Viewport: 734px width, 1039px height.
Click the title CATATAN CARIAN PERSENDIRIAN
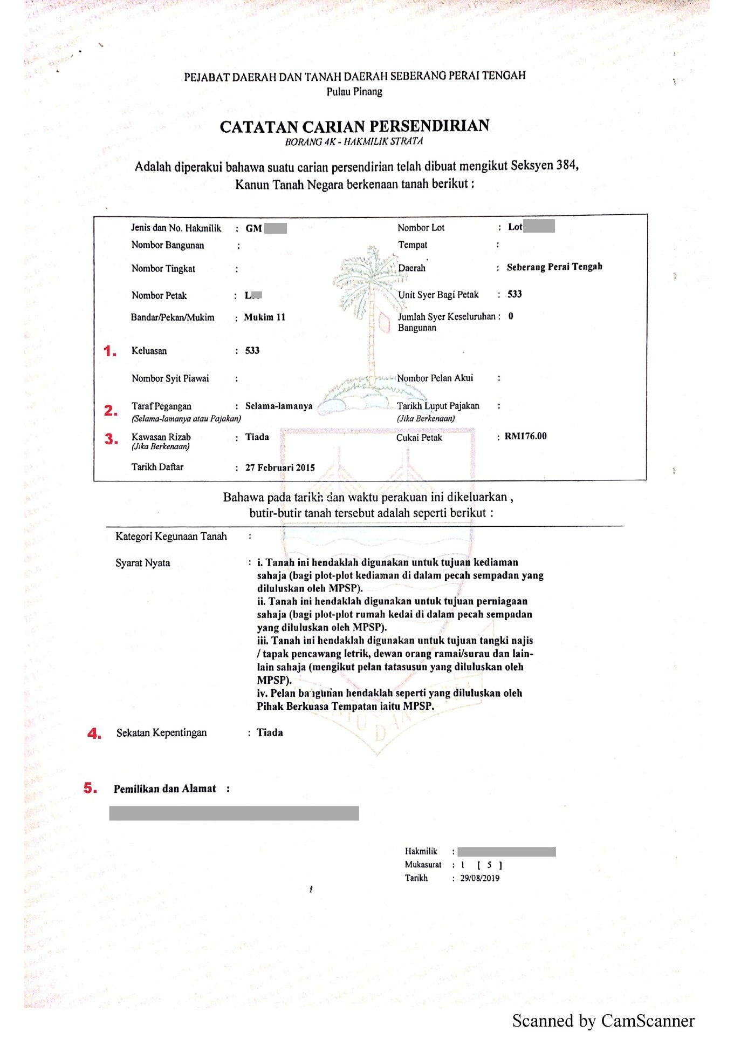(354, 126)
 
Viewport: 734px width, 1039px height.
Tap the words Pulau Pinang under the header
(354, 92)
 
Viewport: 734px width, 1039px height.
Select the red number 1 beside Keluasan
(109, 351)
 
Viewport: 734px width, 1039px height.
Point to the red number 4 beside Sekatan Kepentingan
(94, 734)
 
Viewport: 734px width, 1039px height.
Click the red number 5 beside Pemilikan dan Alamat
(90, 788)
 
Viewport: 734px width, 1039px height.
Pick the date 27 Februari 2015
(280, 467)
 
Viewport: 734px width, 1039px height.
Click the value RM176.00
(525, 436)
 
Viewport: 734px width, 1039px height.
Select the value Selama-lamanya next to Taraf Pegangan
(279, 406)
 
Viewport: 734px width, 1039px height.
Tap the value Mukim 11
(264, 317)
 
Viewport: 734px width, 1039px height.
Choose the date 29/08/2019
(479, 878)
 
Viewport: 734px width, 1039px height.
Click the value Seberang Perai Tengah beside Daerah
(554, 267)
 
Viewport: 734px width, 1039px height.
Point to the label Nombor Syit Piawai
(170, 378)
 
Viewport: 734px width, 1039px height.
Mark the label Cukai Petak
(419, 438)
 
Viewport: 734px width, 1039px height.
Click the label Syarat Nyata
(142, 563)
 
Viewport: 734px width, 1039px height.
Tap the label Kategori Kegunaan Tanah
(171, 537)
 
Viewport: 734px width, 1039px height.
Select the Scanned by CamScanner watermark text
(603, 1021)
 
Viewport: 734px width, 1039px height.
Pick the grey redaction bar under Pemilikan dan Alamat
(234, 813)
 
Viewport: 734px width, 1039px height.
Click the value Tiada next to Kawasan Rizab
(257, 437)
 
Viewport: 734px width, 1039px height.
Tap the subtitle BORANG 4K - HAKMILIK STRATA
(354, 142)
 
